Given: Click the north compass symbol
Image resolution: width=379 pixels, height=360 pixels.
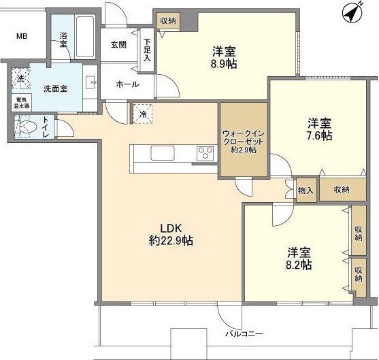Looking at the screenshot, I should (x=352, y=12).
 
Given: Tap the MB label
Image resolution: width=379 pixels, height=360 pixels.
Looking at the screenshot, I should (x=22, y=35).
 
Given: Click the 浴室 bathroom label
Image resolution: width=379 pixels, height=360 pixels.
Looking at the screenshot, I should (x=63, y=39).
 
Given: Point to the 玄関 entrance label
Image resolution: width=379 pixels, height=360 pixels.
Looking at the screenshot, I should (x=118, y=45).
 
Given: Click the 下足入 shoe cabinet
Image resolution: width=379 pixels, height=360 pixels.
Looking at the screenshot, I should (x=147, y=49).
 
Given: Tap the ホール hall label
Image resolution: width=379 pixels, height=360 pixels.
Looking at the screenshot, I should (x=127, y=84).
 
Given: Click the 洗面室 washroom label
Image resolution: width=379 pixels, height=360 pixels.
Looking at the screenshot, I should (x=56, y=88).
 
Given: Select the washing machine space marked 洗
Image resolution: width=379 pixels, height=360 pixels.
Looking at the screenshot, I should (x=20, y=79).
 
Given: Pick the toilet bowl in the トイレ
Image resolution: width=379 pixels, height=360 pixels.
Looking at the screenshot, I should (x=27, y=127).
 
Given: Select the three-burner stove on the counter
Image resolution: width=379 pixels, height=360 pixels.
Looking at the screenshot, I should (x=205, y=154).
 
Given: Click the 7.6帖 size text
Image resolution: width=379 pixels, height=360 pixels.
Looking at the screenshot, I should (x=318, y=135).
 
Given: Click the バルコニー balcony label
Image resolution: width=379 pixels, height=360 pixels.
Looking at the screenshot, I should (x=244, y=334).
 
